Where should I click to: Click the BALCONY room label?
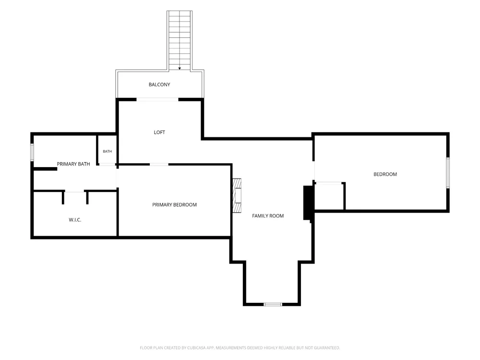159,84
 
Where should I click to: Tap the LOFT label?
159,132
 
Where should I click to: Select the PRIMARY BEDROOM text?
175,205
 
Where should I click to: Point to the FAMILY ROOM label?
268,216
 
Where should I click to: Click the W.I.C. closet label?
75,220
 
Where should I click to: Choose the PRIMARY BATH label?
73,164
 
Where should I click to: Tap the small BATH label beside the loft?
108,151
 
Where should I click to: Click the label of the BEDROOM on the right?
385,174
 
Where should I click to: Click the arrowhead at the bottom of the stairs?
180,69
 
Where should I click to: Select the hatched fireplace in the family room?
237,196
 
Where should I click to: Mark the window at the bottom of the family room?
273,304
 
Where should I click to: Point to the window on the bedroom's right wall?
448,173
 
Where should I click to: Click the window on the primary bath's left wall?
32,152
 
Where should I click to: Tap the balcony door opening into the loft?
157,99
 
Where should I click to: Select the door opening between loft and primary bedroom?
159,165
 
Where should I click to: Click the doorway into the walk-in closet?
74,192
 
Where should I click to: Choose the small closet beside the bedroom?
329,196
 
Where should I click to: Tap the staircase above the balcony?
180,40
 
